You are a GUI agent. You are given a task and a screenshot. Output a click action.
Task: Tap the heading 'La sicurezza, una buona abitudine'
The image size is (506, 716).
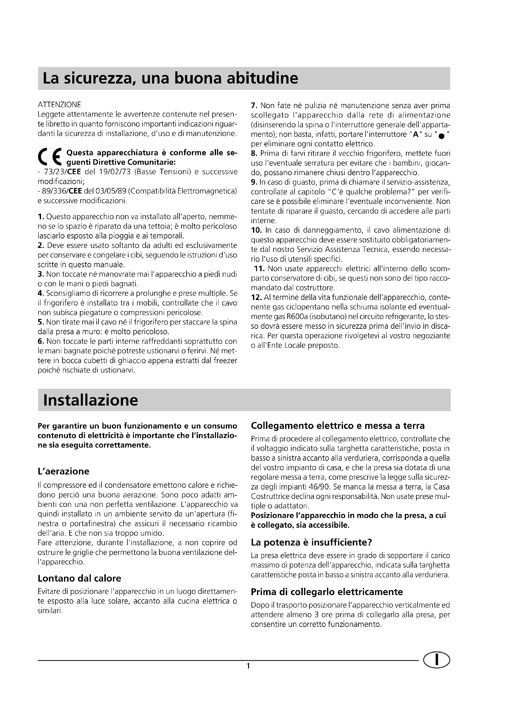click(170, 78)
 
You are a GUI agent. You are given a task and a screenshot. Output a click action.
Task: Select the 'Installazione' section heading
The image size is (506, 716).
click(90, 400)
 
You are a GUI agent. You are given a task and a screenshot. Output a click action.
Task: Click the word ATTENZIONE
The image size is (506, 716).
click(59, 104)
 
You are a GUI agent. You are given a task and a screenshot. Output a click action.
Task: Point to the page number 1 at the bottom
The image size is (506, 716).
click(248, 666)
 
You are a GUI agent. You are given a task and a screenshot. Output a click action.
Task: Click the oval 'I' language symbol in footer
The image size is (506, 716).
click(437, 660)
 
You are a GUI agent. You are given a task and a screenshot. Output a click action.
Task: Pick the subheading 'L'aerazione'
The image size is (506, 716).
click(63, 471)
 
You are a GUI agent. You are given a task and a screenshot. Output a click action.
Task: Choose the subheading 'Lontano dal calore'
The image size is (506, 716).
click(79, 579)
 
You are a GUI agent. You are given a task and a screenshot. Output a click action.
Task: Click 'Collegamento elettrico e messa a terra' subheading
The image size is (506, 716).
click(338, 426)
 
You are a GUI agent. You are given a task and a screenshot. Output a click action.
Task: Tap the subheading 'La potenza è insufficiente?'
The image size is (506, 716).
click(311, 543)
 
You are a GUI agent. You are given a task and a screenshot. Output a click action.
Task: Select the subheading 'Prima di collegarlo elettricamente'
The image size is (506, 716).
click(327, 592)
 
